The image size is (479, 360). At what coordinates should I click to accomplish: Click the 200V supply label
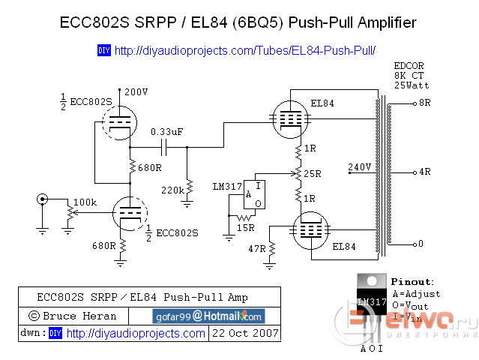click(x=137, y=91)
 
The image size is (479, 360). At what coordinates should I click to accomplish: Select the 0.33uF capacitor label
click(x=166, y=132)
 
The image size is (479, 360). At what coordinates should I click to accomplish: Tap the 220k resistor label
click(x=172, y=190)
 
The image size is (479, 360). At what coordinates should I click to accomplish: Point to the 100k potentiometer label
click(x=85, y=202)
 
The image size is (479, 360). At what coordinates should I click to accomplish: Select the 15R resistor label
click(x=245, y=227)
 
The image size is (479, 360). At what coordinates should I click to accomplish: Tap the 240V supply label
click(x=360, y=166)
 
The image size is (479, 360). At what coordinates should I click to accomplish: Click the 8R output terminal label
click(x=425, y=103)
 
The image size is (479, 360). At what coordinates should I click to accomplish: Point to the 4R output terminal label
click(x=425, y=172)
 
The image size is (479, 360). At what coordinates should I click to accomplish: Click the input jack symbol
click(x=43, y=199)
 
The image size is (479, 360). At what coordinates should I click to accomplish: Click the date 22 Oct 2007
click(x=245, y=332)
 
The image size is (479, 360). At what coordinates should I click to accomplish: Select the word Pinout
click(x=412, y=282)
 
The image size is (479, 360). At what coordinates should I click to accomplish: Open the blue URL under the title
click(x=244, y=51)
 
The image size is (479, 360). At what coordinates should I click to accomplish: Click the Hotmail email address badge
click(x=208, y=316)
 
